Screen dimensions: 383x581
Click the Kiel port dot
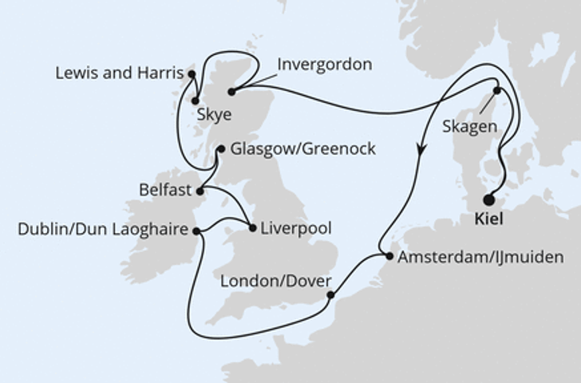[x=488, y=200]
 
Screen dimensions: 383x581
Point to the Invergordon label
[x=324, y=65]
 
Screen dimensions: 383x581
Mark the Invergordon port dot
[x=231, y=91]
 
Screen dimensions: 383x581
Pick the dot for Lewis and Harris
[x=192, y=73]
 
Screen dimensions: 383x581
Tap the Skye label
[x=213, y=115]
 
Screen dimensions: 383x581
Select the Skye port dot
[x=196, y=101]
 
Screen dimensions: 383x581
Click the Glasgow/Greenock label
[x=290, y=149]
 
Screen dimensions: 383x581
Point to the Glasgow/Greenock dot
[x=221, y=148]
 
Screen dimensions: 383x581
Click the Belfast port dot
[x=200, y=191]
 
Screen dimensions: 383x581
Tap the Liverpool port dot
[x=253, y=228]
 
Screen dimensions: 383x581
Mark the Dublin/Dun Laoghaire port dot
[x=196, y=231]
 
